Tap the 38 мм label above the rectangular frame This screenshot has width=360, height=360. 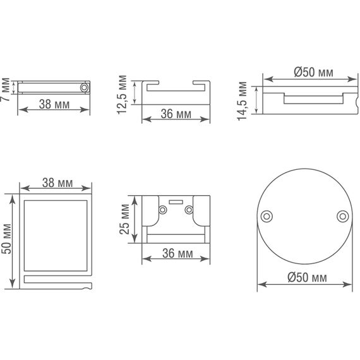pos(57,183)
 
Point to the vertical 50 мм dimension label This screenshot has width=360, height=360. pos(6,238)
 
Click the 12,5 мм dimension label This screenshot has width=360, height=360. pos(122,93)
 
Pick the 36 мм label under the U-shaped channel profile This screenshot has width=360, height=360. pos(176,114)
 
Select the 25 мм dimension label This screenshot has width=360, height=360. pos(124,219)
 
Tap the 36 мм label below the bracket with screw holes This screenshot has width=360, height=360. pos(177,254)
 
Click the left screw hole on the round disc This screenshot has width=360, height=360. pos(267,216)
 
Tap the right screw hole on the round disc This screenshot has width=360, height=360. pos(342,216)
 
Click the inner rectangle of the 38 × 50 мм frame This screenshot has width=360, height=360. pos(55,233)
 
